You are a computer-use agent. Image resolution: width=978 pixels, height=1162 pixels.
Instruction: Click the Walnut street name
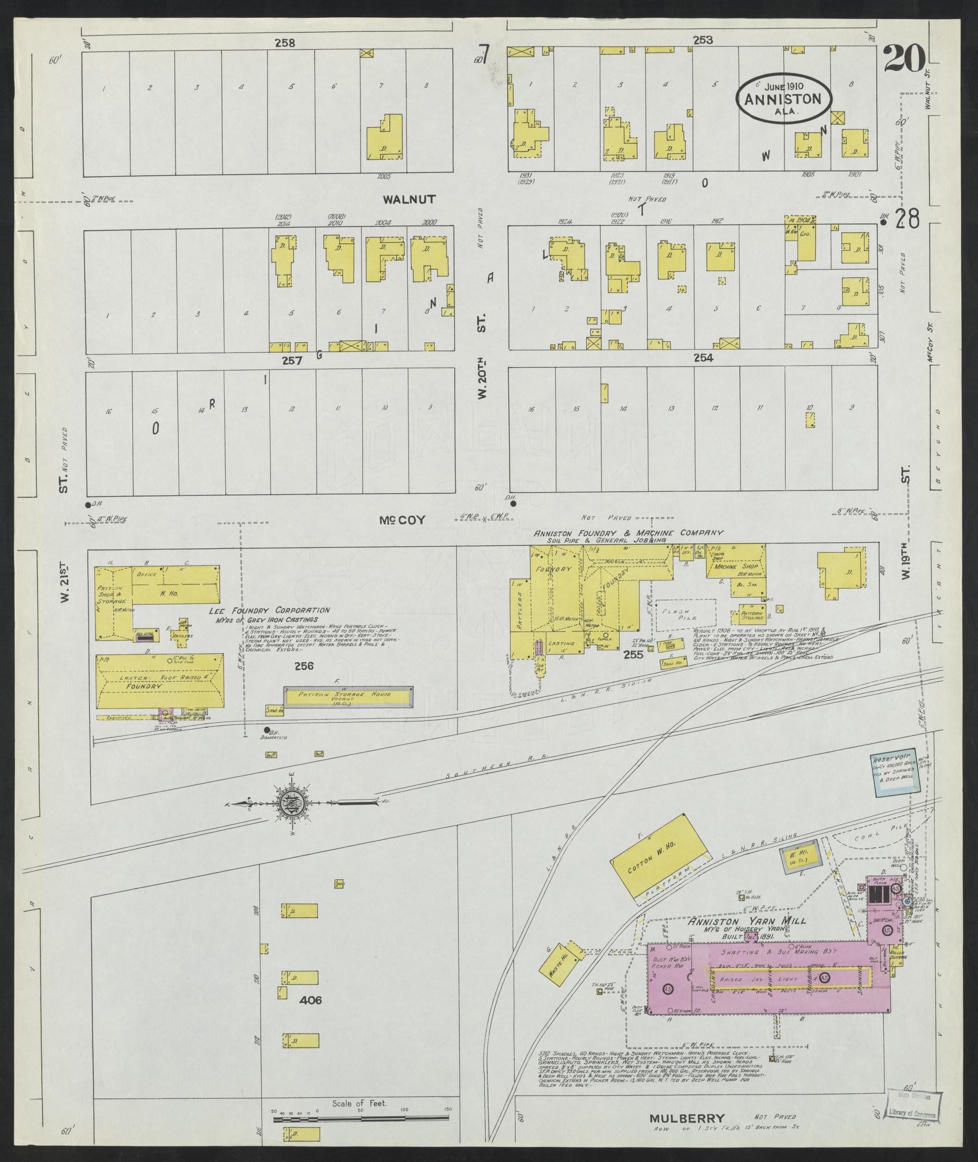[x=409, y=199]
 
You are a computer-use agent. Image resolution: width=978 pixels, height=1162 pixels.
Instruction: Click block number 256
[x=303, y=666]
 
